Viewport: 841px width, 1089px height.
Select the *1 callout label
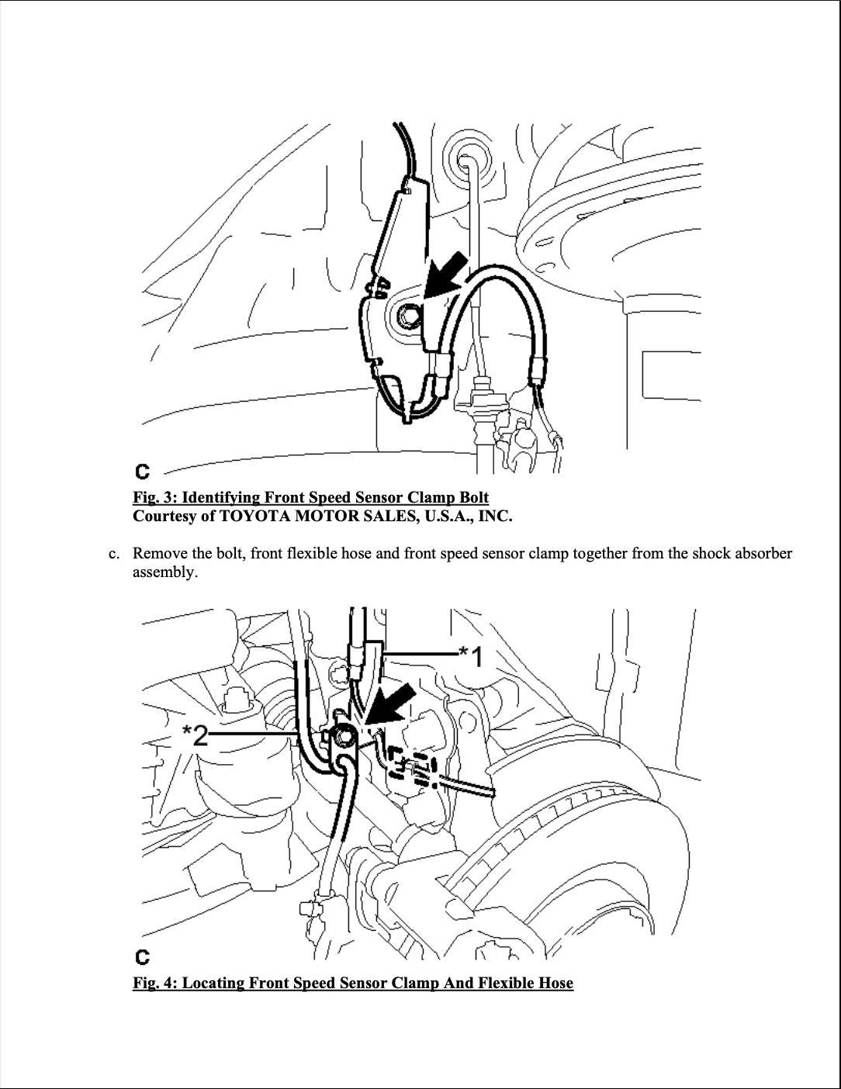coord(471,656)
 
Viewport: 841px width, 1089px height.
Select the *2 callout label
coord(195,734)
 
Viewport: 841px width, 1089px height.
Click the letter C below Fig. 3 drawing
coord(142,472)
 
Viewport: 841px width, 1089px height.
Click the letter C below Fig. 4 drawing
coord(142,956)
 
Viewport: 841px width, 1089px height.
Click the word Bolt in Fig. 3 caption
coord(472,497)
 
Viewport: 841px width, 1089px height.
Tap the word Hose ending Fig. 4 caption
coord(554,983)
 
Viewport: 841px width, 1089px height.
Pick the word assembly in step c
coord(164,572)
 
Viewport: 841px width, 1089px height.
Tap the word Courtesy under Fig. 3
coord(164,516)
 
